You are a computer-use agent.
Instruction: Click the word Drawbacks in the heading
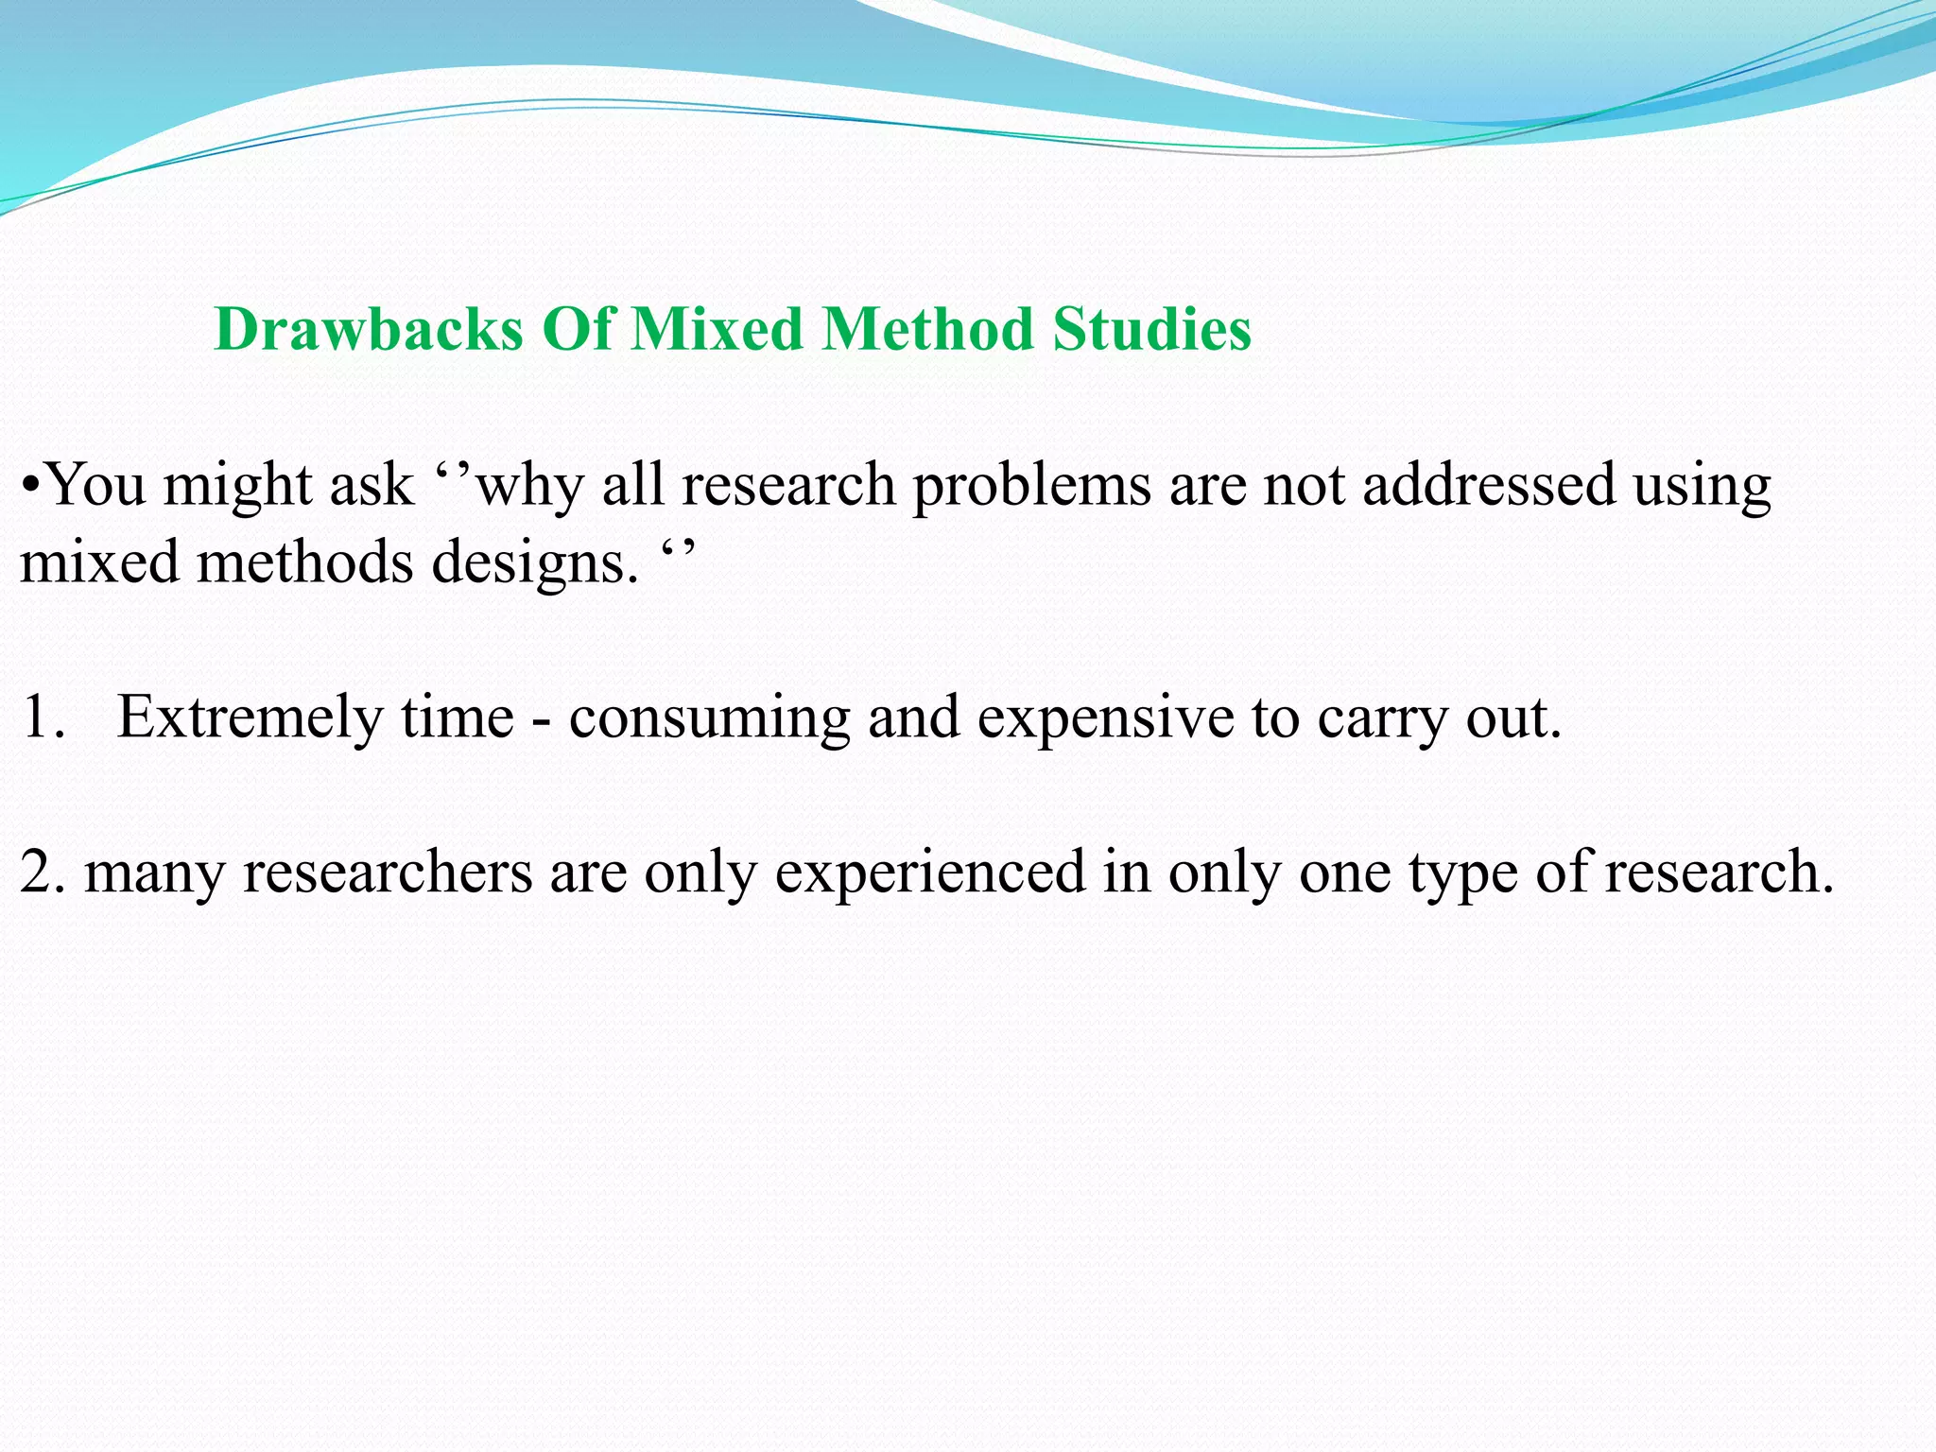click(369, 330)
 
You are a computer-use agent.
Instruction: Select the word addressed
click(1488, 485)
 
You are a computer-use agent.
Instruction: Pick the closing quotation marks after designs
click(678, 550)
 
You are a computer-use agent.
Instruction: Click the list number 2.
click(42, 873)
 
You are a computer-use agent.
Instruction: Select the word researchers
click(388, 873)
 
